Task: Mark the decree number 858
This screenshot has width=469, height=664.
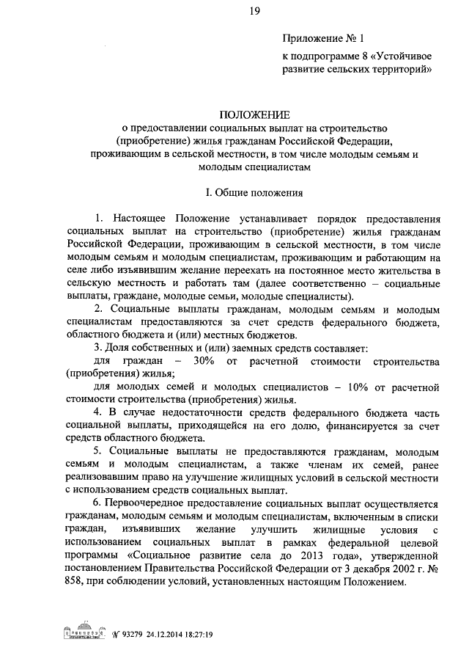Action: tap(75, 582)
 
